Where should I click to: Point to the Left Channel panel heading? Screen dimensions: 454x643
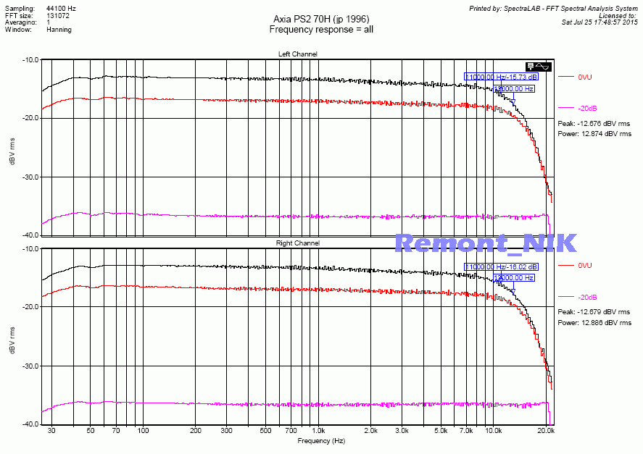tap(297, 54)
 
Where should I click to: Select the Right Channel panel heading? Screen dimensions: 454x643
tap(297, 243)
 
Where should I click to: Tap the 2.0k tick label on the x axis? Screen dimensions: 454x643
tap(370, 430)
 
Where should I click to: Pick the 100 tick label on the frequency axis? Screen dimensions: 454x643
tap(143, 430)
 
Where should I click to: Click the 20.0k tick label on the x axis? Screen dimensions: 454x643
tap(547, 430)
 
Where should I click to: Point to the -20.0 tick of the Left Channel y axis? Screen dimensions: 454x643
tap(30, 118)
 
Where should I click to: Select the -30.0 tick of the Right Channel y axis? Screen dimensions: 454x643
tap(30, 366)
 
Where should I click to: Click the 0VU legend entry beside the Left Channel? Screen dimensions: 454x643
tap(585, 77)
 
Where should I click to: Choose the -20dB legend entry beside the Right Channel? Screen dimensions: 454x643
tap(587, 298)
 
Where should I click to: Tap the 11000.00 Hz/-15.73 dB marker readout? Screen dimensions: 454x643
tap(502, 77)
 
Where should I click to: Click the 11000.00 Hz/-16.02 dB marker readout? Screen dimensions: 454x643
tap(502, 267)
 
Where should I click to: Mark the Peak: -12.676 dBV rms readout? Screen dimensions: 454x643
tap(594, 124)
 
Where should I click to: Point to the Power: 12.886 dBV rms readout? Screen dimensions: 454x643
tap(594, 322)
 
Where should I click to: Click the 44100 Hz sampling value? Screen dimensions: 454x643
tap(61, 8)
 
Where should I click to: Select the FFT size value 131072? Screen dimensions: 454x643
tap(58, 15)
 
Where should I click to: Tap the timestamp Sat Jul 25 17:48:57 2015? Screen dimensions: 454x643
tap(600, 22)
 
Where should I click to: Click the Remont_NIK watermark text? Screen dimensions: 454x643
tap(486, 243)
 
